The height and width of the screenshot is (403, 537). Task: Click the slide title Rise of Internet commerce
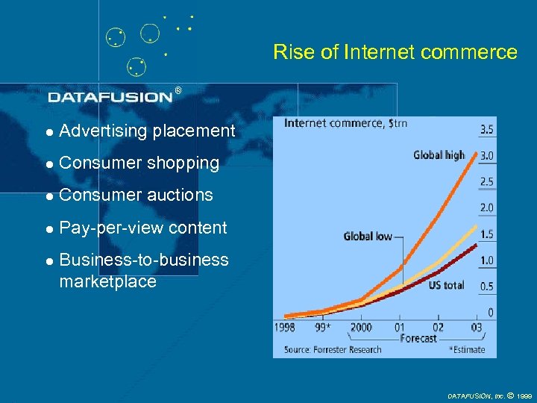click(x=395, y=52)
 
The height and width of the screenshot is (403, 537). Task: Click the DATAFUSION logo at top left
click(x=110, y=96)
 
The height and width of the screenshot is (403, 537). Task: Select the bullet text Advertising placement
click(x=146, y=131)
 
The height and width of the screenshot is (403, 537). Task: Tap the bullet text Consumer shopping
click(x=139, y=163)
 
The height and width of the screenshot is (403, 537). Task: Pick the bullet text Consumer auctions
click(x=136, y=196)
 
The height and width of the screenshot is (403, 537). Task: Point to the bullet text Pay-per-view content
click(x=142, y=228)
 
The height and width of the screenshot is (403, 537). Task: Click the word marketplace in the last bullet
click(x=107, y=282)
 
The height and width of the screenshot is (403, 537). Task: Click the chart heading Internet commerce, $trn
click(x=345, y=124)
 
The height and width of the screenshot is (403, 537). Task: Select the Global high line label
click(x=439, y=155)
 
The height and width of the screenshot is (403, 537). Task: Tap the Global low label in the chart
click(x=367, y=236)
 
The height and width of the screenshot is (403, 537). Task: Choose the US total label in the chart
click(x=446, y=285)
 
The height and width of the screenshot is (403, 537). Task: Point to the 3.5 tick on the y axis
click(x=486, y=130)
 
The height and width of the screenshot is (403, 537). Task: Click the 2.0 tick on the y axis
click(x=486, y=207)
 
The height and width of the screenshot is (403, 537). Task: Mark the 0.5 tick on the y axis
click(x=486, y=287)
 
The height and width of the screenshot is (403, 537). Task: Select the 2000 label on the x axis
click(x=360, y=327)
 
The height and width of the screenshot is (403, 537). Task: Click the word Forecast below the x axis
click(x=418, y=338)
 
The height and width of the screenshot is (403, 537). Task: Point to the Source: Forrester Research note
click(x=333, y=349)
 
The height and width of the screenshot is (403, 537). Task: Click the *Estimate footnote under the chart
click(x=466, y=349)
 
